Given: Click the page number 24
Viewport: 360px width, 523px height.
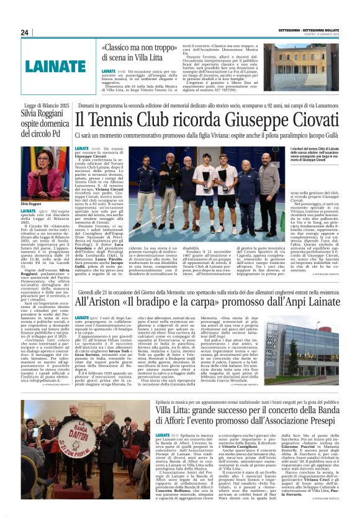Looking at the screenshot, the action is [x=25, y=32].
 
